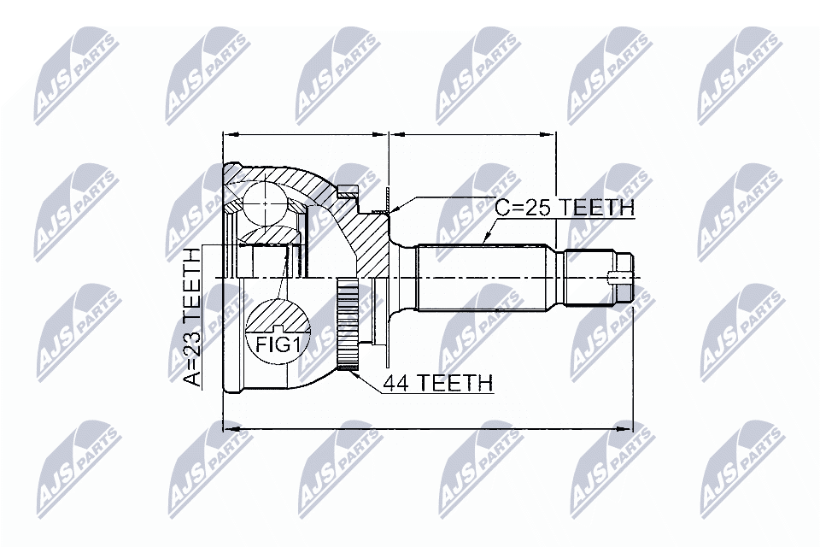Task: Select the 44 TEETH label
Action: pyautogui.click(x=436, y=383)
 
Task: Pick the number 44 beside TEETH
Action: pyautogui.click(x=395, y=383)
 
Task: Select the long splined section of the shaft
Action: pyautogui.click(x=483, y=279)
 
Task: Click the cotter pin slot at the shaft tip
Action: pyautogui.click(x=620, y=278)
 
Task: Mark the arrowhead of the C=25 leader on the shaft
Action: pyautogui.click(x=486, y=240)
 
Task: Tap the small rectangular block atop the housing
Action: pyautogui.click(x=346, y=191)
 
